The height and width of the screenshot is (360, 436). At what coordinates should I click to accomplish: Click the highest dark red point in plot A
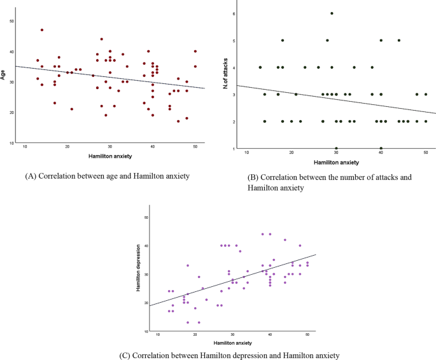42,30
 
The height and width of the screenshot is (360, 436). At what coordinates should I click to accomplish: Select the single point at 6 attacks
332,13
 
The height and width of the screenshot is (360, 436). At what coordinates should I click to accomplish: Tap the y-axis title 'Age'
4,76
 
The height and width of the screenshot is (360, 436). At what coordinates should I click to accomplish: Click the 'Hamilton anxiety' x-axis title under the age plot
109,155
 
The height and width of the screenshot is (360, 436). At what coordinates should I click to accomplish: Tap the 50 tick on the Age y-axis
11,21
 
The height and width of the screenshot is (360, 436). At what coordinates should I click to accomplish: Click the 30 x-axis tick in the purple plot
232,335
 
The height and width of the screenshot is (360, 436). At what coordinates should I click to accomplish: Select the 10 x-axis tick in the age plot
25,147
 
